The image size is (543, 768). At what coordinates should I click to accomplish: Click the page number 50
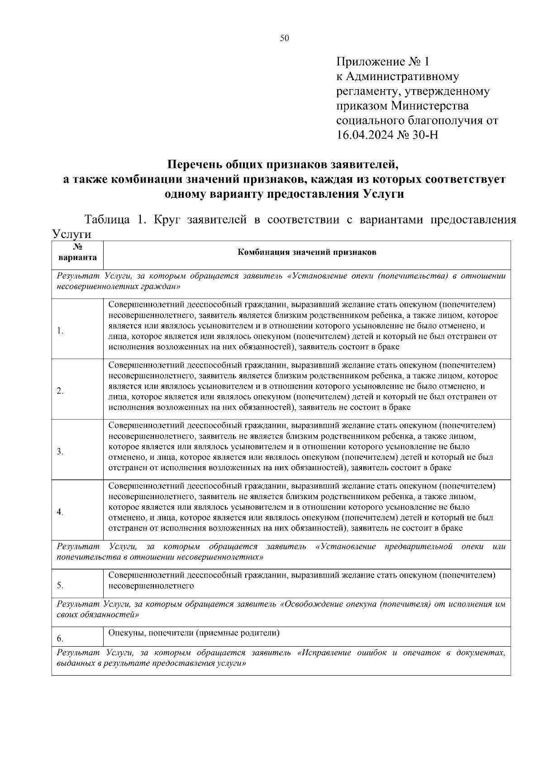pyautogui.click(x=284, y=38)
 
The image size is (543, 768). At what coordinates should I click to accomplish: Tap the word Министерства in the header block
pyautogui.click(x=429, y=106)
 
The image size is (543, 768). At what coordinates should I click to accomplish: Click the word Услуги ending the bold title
pyautogui.click(x=383, y=194)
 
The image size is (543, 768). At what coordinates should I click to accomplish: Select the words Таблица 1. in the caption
pyautogui.click(x=114, y=220)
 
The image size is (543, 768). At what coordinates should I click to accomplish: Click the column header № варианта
pyautogui.click(x=77, y=253)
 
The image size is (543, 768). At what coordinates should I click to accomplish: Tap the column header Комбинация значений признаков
pyautogui.click(x=307, y=253)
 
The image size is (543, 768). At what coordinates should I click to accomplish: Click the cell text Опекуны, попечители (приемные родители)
pyautogui.click(x=194, y=633)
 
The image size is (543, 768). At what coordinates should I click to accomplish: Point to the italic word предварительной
pyautogui.click(x=419, y=547)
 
